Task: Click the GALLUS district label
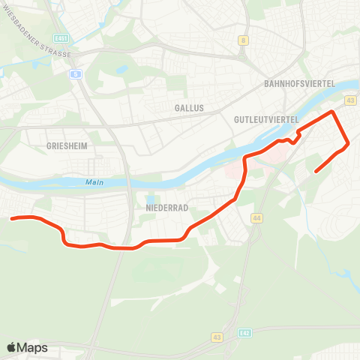click(x=189, y=108)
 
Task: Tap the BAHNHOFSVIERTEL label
click(x=299, y=84)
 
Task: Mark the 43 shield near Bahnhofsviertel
click(x=350, y=100)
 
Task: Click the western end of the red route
click(x=12, y=218)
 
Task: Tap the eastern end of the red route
click(x=315, y=171)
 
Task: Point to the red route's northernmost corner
click(x=333, y=112)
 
